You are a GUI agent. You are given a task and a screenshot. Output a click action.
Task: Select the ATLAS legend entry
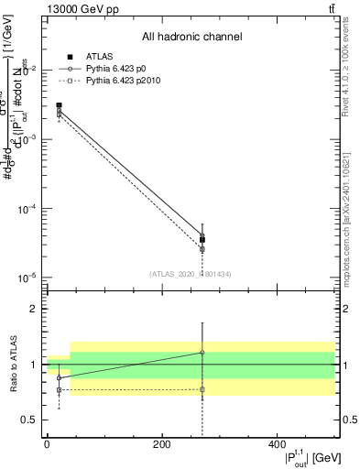pyautogui.click(x=99, y=57)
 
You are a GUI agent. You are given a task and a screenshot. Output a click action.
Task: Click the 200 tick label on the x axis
pyautogui.click(x=162, y=444)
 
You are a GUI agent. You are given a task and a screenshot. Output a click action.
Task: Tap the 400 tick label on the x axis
pyautogui.click(x=278, y=444)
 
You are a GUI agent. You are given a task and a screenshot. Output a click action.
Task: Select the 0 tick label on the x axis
pyautogui.click(x=47, y=444)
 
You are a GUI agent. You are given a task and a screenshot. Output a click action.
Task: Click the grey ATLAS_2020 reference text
pyautogui.click(x=190, y=273)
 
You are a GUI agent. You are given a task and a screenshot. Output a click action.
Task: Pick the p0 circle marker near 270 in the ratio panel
pyautogui.click(x=202, y=352)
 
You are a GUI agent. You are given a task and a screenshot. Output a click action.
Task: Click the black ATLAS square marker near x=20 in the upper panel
pyautogui.click(x=60, y=105)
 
